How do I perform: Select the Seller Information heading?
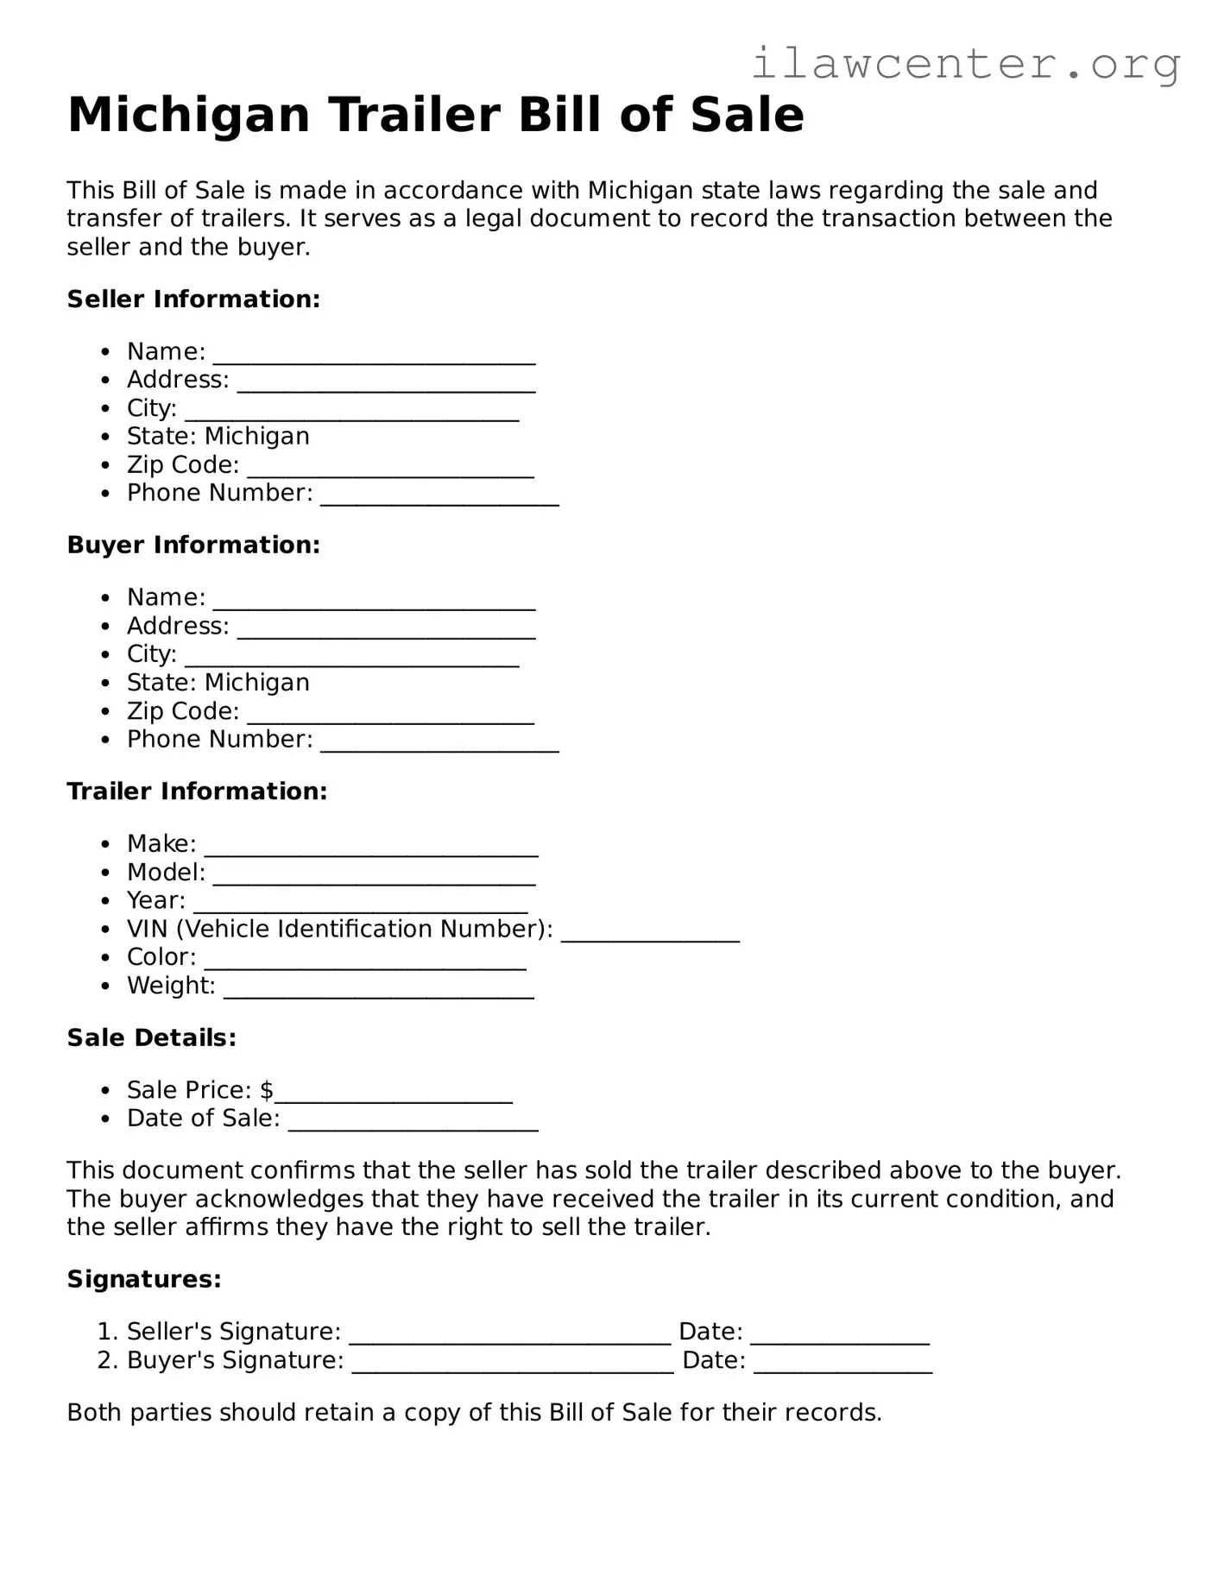193,299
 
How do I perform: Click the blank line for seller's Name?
374,356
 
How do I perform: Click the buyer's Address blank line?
386,631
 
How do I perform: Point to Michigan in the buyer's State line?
256,683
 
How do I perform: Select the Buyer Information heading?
193,545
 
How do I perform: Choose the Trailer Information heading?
197,791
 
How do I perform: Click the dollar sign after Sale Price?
267,1090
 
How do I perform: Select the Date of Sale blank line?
413,1124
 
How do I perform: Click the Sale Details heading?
152,1037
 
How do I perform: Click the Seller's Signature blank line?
509,1337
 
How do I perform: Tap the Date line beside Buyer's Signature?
843,1365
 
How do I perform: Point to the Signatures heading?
144,1279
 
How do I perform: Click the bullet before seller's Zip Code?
105,466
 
